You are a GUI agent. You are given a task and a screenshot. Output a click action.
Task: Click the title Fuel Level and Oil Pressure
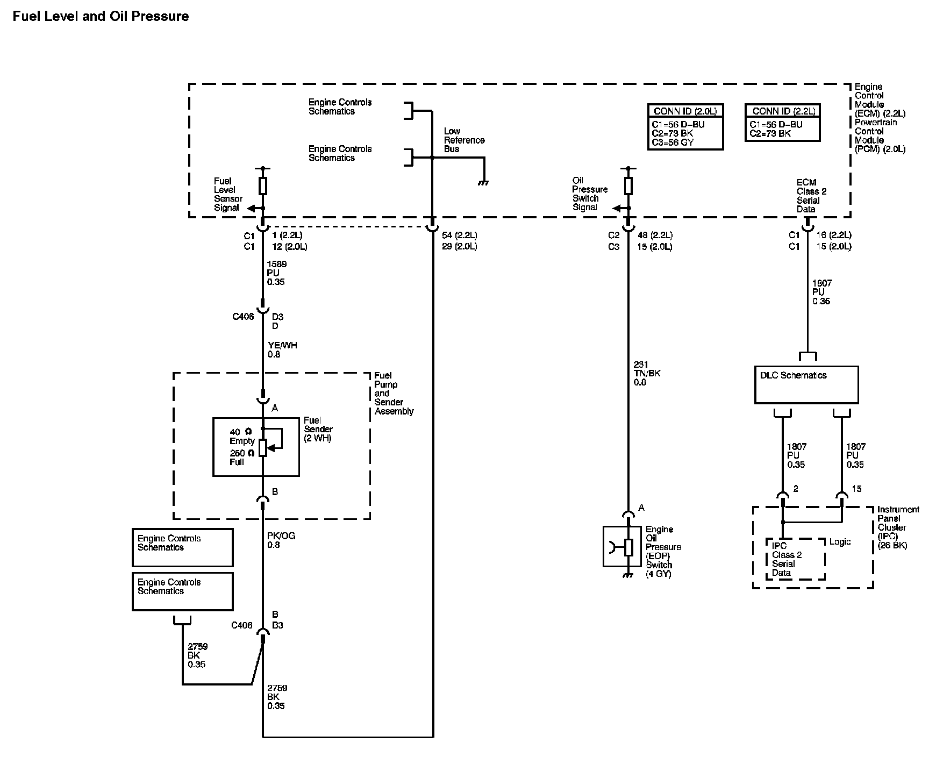click(x=101, y=17)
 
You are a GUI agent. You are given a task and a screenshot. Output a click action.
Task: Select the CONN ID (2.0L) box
click(x=685, y=126)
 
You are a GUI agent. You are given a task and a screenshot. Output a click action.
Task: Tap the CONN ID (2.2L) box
click(x=782, y=123)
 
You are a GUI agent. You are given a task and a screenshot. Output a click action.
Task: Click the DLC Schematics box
click(x=806, y=384)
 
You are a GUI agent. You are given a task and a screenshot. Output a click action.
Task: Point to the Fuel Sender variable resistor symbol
click(x=263, y=447)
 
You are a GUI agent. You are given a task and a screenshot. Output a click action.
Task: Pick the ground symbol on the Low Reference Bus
click(x=484, y=183)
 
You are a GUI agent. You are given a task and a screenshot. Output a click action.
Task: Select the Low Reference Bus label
click(x=464, y=140)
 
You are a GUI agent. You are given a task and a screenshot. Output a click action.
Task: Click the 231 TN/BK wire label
click(x=647, y=374)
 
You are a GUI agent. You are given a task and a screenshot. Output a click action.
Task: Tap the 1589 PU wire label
click(x=276, y=273)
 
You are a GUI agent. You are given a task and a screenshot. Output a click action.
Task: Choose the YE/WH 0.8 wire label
click(x=282, y=350)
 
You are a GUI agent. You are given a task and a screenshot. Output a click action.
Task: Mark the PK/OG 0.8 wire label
click(x=281, y=540)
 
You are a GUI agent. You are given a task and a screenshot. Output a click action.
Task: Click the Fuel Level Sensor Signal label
click(x=228, y=195)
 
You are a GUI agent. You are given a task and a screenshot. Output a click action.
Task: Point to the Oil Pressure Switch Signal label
click(x=589, y=194)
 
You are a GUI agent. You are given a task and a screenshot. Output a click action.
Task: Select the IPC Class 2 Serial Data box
click(x=795, y=559)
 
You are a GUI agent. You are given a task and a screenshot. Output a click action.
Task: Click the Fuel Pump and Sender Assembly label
click(x=394, y=394)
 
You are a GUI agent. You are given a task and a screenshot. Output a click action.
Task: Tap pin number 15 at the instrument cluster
click(x=856, y=489)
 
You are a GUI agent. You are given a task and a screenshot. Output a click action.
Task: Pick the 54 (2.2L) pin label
click(x=459, y=235)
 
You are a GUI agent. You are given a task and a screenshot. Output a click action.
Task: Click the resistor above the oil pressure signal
click(x=628, y=187)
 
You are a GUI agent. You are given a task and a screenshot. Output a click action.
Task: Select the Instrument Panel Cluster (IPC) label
click(x=898, y=527)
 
